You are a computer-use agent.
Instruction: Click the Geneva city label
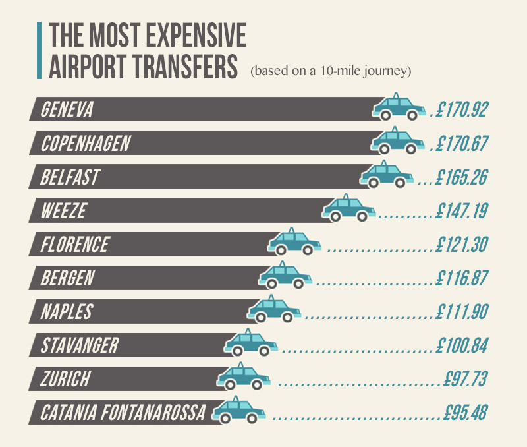67,110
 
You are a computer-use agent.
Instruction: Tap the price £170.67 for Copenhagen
460,144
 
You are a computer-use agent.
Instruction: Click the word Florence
74,245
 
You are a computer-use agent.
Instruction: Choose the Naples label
67,312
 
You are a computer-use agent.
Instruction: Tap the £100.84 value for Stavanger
460,345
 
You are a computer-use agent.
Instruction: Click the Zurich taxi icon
244,377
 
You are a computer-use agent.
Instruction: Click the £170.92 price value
460,109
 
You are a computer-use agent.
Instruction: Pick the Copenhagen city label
86,144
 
